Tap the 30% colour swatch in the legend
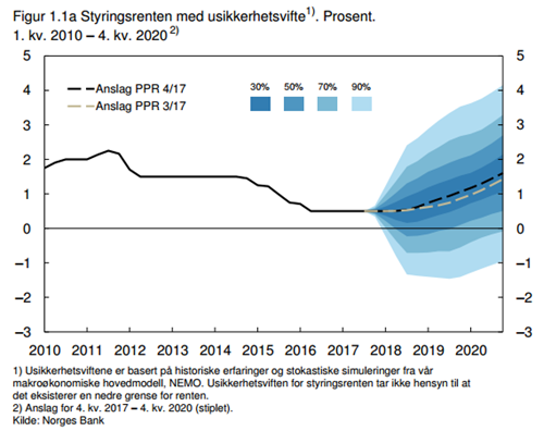(260, 104)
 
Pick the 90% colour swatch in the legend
(361, 104)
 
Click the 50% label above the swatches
(294, 87)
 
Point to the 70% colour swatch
(328, 104)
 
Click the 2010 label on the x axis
(44, 350)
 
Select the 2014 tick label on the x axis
(215, 350)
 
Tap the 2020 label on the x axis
(470, 350)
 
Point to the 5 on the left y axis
(28, 56)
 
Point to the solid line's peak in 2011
(108, 150)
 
